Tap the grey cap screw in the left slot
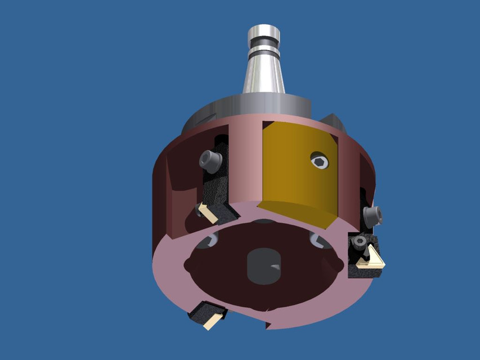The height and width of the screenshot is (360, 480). [209, 161]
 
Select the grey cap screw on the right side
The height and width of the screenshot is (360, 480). [373, 215]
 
